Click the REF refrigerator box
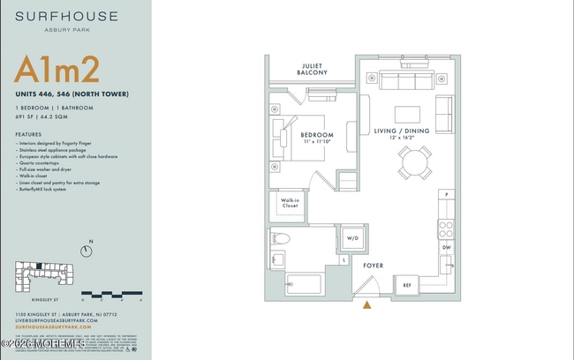point(407,284)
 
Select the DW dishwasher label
point(446,248)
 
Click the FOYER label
point(373,264)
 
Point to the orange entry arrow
point(366,305)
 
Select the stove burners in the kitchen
point(446,229)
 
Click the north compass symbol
point(86,251)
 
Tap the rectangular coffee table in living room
point(407,115)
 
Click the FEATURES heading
point(28,134)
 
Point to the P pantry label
point(447,194)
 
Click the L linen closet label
point(343,260)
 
